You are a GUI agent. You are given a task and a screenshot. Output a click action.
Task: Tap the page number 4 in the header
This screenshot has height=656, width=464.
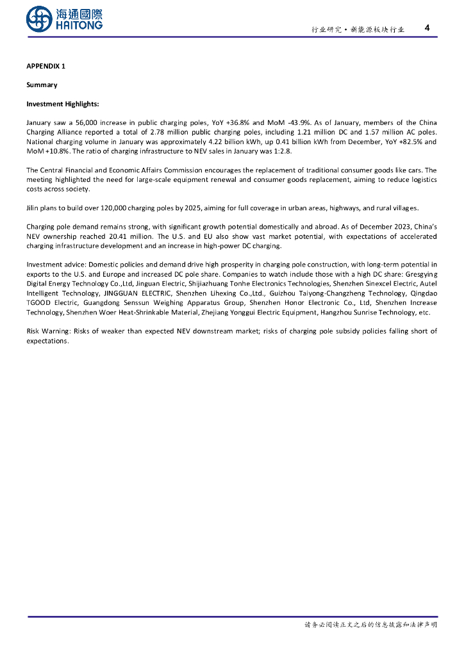(x=427, y=28)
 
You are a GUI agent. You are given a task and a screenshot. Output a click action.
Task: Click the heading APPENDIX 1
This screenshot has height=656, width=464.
(x=46, y=66)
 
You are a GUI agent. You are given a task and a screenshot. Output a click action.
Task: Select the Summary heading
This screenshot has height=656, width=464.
(x=42, y=85)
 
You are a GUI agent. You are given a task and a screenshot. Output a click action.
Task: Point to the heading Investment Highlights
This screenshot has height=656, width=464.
(x=63, y=104)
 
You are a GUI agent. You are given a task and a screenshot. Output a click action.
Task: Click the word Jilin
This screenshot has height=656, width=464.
(x=33, y=208)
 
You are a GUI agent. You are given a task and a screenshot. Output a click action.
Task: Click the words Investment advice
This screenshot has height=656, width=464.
(x=55, y=265)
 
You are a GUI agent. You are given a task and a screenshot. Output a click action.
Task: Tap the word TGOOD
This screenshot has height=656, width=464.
(x=39, y=302)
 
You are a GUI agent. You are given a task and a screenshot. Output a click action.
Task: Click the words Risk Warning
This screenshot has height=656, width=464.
(x=48, y=331)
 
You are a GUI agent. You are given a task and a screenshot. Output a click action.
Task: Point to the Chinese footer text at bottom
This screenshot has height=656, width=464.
(x=370, y=625)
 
